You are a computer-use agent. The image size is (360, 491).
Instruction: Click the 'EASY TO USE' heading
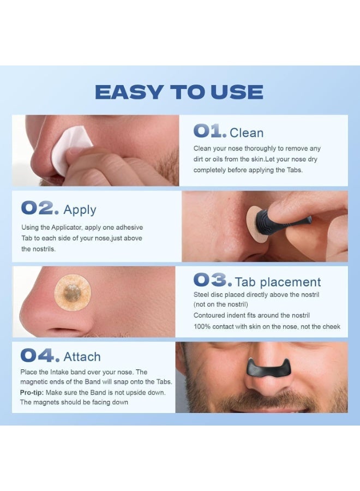(179, 92)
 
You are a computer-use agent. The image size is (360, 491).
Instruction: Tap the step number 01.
(209, 131)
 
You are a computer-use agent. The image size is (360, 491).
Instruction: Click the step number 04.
(40, 356)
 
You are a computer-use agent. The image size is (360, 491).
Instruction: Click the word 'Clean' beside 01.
(247, 133)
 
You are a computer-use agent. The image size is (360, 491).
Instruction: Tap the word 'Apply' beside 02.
(80, 209)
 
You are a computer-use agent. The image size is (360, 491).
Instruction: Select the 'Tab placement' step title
(278, 282)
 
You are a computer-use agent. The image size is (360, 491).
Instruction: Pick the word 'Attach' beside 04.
(82, 357)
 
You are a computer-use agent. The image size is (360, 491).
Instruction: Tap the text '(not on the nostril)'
(221, 304)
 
